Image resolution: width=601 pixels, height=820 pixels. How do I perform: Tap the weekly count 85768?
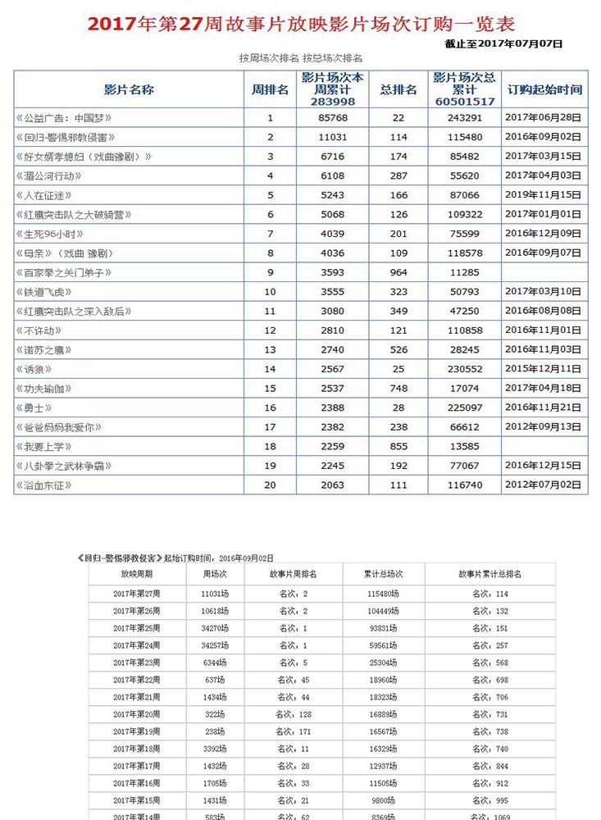click(333, 118)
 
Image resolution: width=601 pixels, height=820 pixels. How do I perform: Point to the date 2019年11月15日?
click(543, 195)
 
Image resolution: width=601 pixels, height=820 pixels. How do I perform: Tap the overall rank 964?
click(398, 272)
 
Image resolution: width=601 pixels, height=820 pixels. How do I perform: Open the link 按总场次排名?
click(333, 58)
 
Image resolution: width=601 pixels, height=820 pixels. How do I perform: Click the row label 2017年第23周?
click(137, 662)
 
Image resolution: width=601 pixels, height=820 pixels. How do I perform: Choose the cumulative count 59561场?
click(382, 645)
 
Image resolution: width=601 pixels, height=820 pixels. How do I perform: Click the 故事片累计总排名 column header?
click(490, 574)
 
